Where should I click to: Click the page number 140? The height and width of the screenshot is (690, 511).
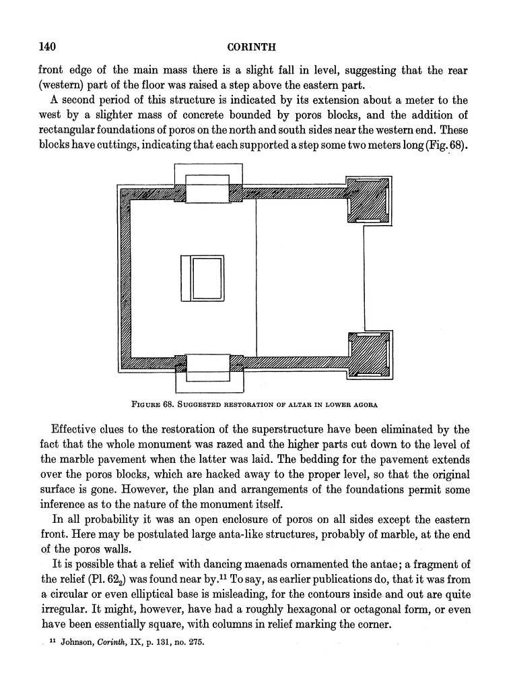[x=46, y=46]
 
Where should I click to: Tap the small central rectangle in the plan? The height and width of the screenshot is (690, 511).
[x=202, y=278]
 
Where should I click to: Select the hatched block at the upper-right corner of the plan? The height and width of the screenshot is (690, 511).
[x=367, y=199]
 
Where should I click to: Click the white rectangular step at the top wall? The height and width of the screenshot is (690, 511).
[x=207, y=189]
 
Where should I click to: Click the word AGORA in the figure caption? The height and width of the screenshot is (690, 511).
[x=362, y=405]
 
